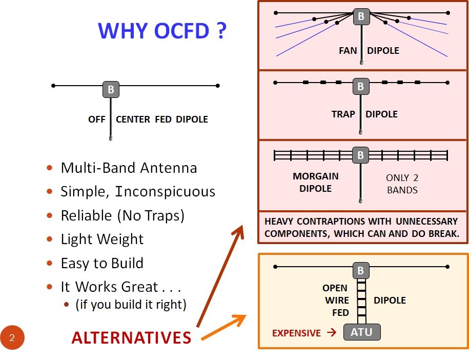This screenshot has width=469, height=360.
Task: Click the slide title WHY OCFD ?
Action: pyautogui.click(x=161, y=31)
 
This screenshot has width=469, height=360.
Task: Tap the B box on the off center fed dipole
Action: pyautogui.click(x=111, y=90)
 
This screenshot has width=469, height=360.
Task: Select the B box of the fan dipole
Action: pyautogui.click(x=361, y=16)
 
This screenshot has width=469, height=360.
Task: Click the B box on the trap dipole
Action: pyautogui.click(x=361, y=87)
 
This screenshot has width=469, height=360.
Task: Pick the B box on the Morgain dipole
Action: pyautogui.click(x=361, y=154)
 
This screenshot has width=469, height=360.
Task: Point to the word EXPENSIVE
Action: pyautogui.click(x=296, y=333)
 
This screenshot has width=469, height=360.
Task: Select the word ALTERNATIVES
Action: pyautogui.click(x=131, y=338)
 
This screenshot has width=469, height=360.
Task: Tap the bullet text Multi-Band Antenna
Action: pyautogui.click(x=129, y=168)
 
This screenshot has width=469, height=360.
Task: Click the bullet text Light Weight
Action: pyautogui.click(x=102, y=239)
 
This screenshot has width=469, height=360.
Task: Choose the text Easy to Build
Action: pyautogui.click(x=102, y=264)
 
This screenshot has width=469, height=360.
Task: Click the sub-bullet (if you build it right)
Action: pyautogui.click(x=131, y=305)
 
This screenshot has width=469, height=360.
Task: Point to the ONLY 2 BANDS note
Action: pyautogui.click(x=402, y=184)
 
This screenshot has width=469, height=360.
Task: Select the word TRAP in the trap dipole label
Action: pyautogui.click(x=343, y=114)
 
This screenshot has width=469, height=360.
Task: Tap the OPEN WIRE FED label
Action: pyautogui.click(x=335, y=300)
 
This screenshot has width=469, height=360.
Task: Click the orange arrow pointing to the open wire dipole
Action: pyautogui.click(x=223, y=327)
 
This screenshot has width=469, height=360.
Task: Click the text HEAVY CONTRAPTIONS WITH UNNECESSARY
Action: pyautogui.click(x=361, y=222)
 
